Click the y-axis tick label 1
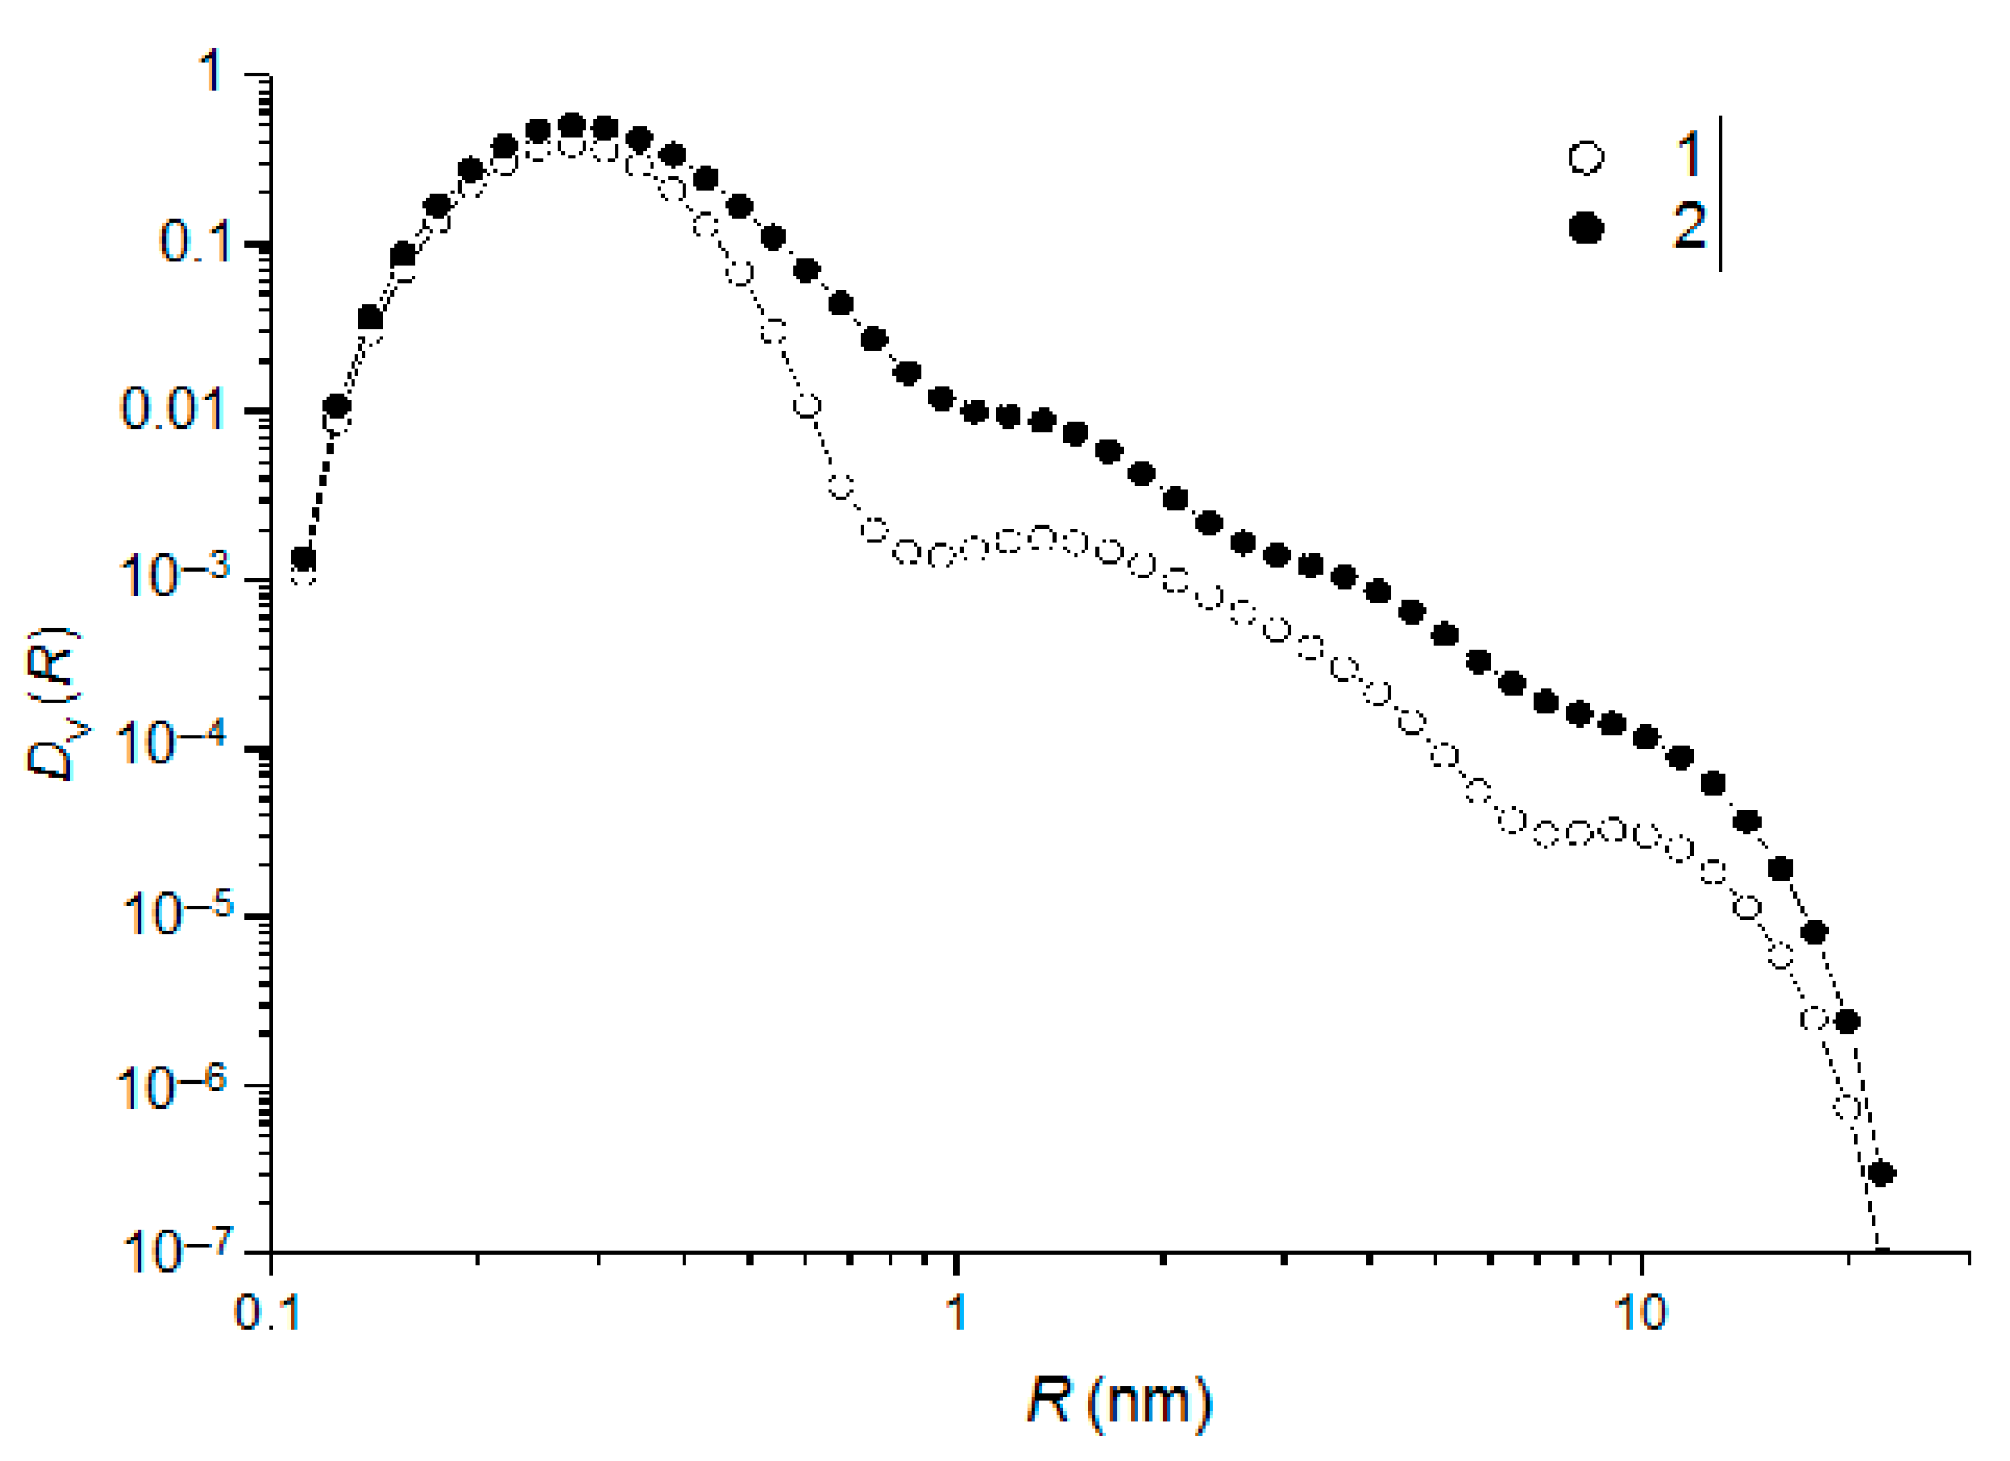coord(211,74)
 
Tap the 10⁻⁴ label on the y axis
coord(174,743)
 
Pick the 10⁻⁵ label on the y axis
coord(174,912)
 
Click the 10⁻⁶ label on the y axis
coord(174,1082)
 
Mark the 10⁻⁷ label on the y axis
coord(174,1250)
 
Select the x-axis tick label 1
coord(955,1314)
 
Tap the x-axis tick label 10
coord(1640,1314)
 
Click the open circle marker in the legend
coord(1585,159)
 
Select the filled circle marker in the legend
coord(1585,230)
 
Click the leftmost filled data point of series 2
coord(304,558)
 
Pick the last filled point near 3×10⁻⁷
coord(1880,1174)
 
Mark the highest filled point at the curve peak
coord(573,125)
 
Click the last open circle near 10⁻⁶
coord(1848,1108)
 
